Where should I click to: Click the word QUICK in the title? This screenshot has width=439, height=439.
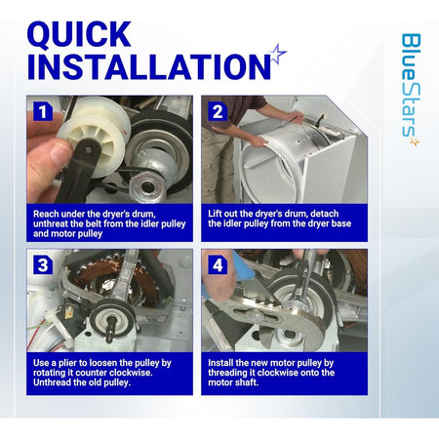click(x=79, y=34)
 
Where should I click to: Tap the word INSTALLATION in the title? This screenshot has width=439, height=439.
click(x=149, y=66)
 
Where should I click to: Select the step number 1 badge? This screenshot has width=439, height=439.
click(x=43, y=111)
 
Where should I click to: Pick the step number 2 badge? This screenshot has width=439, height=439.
click(x=218, y=111)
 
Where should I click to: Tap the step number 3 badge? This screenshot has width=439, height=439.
click(x=43, y=265)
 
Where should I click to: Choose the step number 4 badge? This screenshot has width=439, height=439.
click(x=218, y=265)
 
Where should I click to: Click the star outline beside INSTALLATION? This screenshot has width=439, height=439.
click(x=278, y=54)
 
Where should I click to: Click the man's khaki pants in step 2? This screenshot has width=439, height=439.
click(x=218, y=164)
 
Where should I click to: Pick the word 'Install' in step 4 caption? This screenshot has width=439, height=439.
click(x=220, y=363)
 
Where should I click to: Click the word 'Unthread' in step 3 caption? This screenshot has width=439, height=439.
click(x=52, y=382)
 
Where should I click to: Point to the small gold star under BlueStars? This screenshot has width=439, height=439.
click(x=415, y=141)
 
